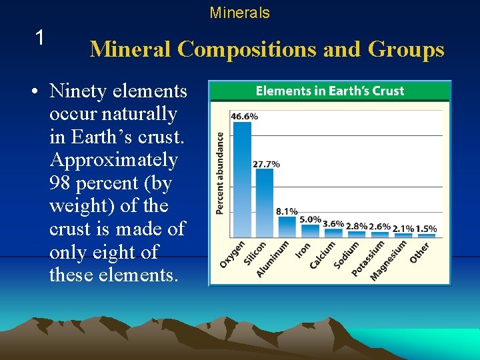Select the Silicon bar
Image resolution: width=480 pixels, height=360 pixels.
click(265, 203)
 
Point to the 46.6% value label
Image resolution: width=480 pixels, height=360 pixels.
click(245, 116)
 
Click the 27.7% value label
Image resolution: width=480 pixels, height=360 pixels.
click(266, 164)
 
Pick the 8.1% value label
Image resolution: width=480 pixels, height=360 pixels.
click(287, 211)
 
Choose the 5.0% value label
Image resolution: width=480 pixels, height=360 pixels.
click(310, 219)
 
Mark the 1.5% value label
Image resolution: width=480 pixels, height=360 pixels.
click(427, 229)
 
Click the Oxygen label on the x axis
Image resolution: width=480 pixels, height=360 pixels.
click(231, 254)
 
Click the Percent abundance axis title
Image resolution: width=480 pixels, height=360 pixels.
click(219, 172)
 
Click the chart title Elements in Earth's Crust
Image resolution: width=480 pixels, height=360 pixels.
click(330, 91)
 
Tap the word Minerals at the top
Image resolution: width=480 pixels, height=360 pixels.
click(240, 13)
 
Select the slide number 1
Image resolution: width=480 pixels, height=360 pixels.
click(40, 38)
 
